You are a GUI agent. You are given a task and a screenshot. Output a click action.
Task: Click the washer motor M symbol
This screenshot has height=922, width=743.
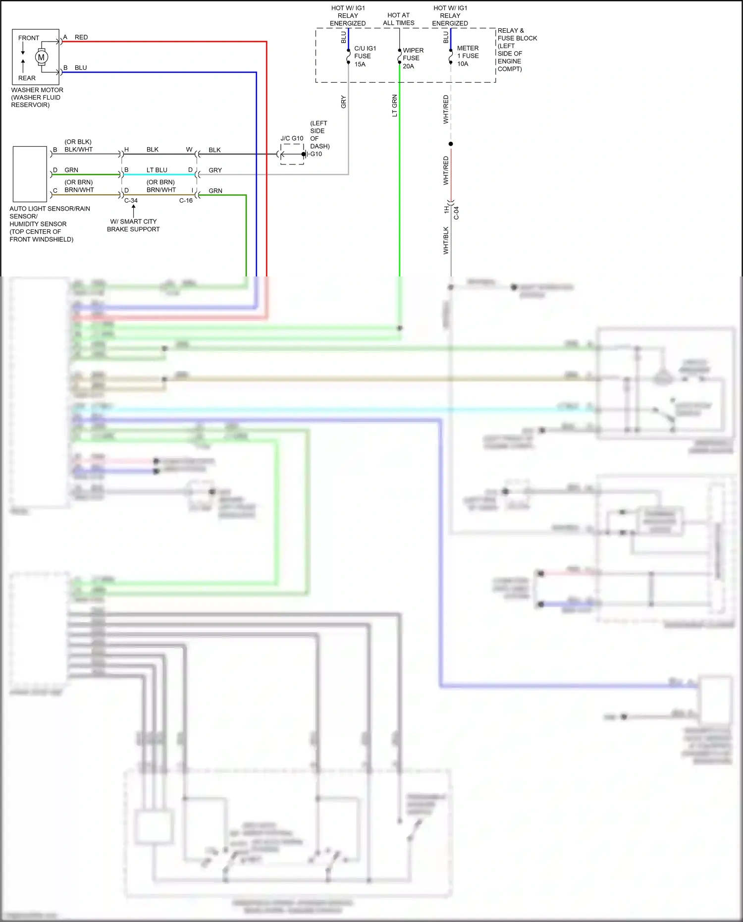(41, 57)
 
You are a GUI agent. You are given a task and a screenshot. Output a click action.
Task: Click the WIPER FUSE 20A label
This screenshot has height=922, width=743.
(413, 58)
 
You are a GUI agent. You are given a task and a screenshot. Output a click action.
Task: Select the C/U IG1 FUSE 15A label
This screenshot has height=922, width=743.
(365, 56)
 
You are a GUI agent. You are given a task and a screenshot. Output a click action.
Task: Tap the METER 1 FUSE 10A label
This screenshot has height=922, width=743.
(468, 56)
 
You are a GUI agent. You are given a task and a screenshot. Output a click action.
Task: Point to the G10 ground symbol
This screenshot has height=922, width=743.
(307, 154)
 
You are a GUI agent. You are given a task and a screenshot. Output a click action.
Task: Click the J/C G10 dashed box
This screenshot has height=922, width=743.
(292, 154)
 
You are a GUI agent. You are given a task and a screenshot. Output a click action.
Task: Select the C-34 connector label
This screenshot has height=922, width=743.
(131, 201)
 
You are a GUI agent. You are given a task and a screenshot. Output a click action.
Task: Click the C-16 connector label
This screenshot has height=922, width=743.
(186, 201)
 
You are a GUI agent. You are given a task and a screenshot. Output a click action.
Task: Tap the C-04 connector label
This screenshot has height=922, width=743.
(456, 213)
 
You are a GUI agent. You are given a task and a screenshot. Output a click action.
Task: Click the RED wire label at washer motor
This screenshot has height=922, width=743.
(81, 38)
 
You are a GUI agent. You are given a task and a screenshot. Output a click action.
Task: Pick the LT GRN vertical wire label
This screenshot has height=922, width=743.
(395, 106)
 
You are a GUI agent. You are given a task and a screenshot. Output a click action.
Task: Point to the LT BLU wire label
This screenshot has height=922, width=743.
(157, 170)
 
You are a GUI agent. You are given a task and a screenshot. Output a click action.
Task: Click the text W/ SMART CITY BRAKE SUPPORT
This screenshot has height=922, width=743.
(133, 225)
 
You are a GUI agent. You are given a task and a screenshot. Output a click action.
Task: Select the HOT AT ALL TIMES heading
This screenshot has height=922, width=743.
(399, 19)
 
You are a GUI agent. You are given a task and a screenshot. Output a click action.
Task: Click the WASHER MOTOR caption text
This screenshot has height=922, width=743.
(37, 97)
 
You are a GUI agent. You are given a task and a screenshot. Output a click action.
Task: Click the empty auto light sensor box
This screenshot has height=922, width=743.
(30, 174)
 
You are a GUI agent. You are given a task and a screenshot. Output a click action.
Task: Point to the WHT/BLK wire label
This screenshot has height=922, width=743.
(446, 241)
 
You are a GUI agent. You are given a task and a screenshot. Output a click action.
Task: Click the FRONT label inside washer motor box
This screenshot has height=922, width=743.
(29, 38)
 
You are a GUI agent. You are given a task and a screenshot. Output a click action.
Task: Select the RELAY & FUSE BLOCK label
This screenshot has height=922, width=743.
(517, 50)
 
